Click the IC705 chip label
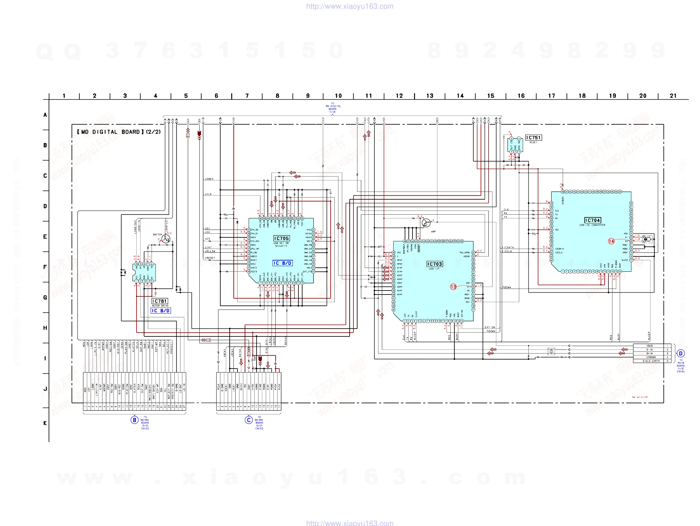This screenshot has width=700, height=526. point(281,239)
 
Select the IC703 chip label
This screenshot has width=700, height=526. point(434,264)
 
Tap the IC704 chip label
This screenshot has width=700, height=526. point(592,221)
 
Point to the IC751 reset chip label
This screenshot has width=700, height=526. point(533,137)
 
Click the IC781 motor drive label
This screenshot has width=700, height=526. point(159,301)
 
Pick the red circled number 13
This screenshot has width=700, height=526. point(453,287)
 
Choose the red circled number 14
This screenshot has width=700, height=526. point(611,241)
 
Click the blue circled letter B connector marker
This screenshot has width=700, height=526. point(134,420)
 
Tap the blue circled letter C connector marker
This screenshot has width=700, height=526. point(248,420)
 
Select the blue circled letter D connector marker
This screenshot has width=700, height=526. point(680,353)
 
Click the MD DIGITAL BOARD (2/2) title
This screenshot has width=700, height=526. point(119,132)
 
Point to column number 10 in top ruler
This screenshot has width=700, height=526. point(338,96)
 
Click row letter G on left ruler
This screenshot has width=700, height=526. point(45,297)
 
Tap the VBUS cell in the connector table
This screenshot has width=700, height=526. point(649,346)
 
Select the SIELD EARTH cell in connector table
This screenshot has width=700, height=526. point(651,361)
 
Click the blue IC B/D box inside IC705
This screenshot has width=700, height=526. point(282,263)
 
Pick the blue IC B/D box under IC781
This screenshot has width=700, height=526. point(161,310)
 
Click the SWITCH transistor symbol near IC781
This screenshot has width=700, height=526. point(166,239)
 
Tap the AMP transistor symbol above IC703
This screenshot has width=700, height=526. point(426,223)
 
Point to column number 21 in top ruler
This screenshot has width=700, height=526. point(673,96)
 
